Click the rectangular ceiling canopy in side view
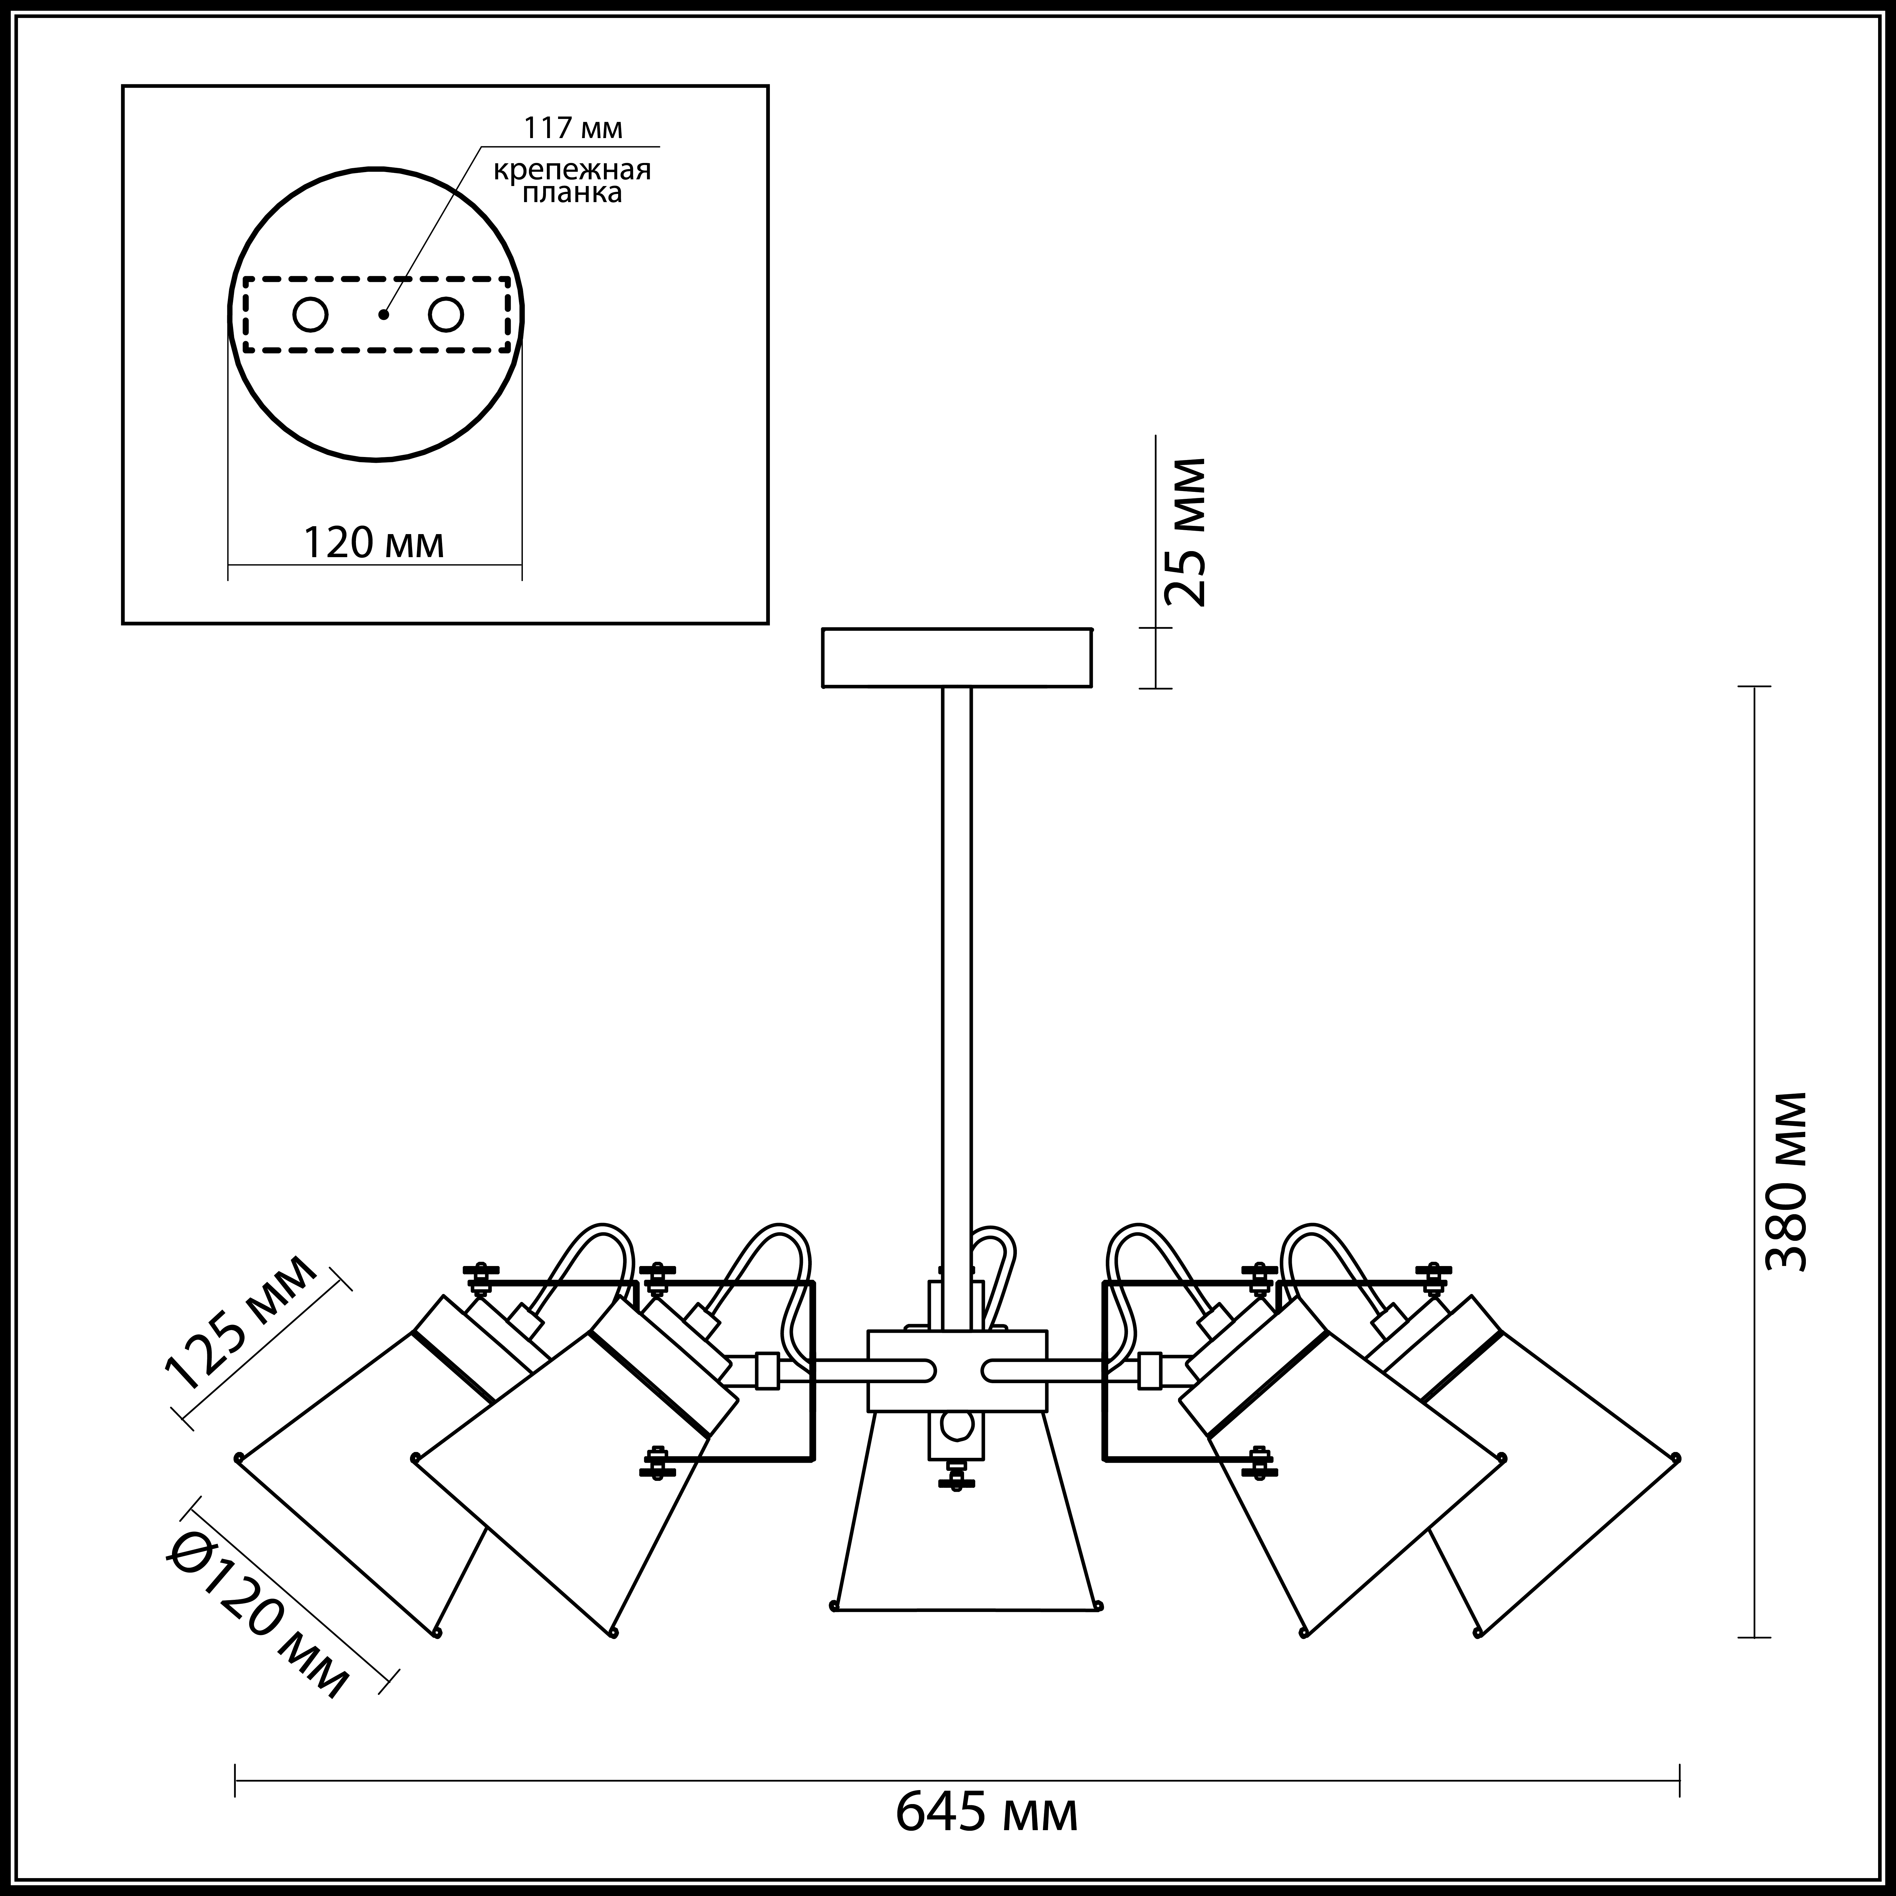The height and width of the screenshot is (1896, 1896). coord(957,658)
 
